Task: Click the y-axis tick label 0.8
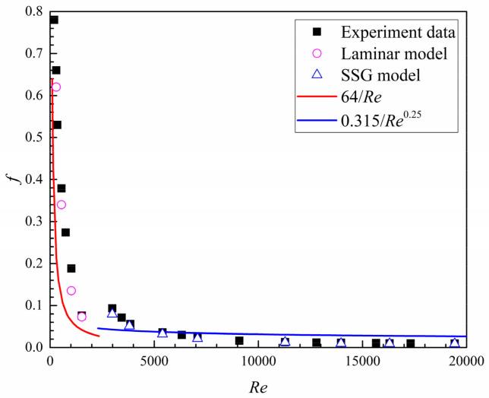(33, 11)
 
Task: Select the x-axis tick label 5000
(154, 360)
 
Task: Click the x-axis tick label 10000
(258, 360)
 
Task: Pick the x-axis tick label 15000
(362, 360)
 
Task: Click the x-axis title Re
(258, 386)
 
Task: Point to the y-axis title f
(10, 179)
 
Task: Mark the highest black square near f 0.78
(53, 20)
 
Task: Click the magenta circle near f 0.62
(55, 87)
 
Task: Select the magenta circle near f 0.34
(62, 204)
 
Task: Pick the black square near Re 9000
(239, 340)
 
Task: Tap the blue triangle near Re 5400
(162, 333)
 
